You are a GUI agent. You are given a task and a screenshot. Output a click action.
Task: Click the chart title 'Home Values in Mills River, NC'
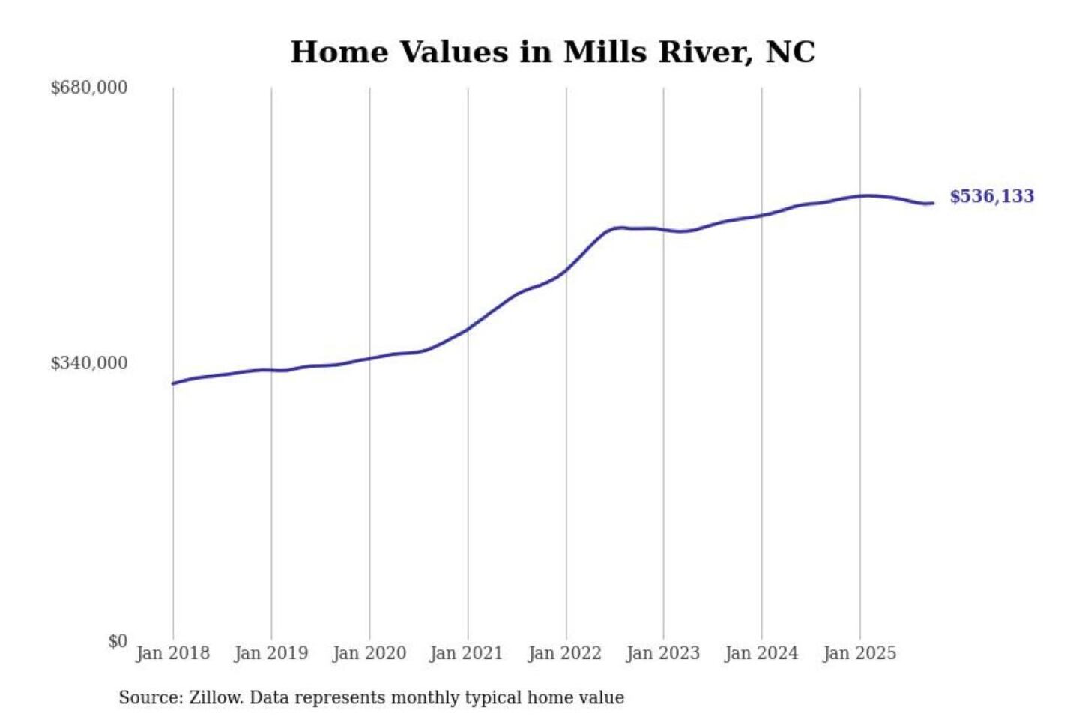(552, 52)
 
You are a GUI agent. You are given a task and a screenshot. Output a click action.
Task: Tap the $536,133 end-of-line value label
(991, 196)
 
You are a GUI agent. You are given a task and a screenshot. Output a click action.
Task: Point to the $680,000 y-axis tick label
(89, 88)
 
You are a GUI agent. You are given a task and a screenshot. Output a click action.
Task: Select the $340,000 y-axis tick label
(89, 363)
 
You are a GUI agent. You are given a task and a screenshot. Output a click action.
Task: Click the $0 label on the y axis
(118, 641)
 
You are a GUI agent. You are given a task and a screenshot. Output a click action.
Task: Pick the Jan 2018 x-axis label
(172, 653)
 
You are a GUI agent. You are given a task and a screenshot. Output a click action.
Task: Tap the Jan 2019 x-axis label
(270, 653)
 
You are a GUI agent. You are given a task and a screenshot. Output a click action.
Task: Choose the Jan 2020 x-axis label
(369, 653)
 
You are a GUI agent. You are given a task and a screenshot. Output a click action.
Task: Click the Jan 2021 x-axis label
(466, 653)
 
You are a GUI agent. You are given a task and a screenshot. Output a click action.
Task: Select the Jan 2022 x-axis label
(564, 653)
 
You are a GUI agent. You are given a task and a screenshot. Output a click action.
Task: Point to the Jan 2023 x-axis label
(662, 653)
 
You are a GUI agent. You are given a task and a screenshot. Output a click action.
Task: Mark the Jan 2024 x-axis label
(761, 653)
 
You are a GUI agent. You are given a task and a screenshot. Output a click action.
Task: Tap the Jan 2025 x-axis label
(859, 653)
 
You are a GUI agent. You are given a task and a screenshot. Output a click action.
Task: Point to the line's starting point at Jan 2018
(173, 383)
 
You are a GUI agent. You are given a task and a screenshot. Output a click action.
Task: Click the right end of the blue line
(932, 203)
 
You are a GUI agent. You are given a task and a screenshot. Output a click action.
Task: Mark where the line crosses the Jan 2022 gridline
(566, 270)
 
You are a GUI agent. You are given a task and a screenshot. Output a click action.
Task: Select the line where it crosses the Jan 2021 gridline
(468, 328)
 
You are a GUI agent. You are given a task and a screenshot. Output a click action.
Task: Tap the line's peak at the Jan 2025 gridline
(860, 196)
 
